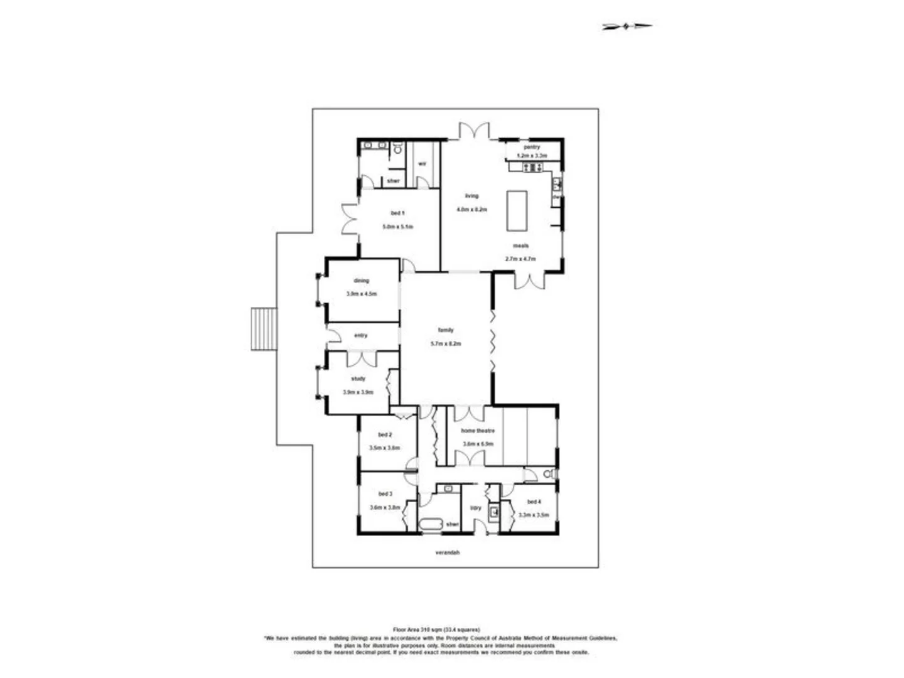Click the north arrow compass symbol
pyautogui.click(x=627, y=26)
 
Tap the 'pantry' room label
pyautogui.click(x=532, y=147)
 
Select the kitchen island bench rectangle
pyautogui.click(x=517, y=210)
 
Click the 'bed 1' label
pyautogui.click(x=397, y=213)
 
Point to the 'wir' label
pyautogui.click(x=422, y=164)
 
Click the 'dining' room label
pyautogui.click(x=361, y=281)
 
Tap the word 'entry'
pyautogui.click(x=360, y=335)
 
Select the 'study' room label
pyautogui.click(x=358, y=379)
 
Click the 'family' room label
pyautogui.click(x=446, y=330)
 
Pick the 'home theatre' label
pyautogui.click(x=478, y=431)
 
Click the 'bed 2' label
pyautogui.click(x=385, y=434)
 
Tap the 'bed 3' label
pyautogui.click(x=385, y=494)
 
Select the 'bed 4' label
pyautogui.click(x=534, y=502)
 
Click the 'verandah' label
pyautogui.click(x=448, y=552)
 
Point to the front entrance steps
pyautogui.click(x=264, y=329)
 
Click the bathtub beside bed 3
pyautogui.click(x=432, y=524)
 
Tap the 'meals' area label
pyautogui.click(x=520, y=245)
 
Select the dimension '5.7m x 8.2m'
pyautogui.click(x=446, y=343)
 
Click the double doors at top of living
pyautogui.click(x=473, y=131)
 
